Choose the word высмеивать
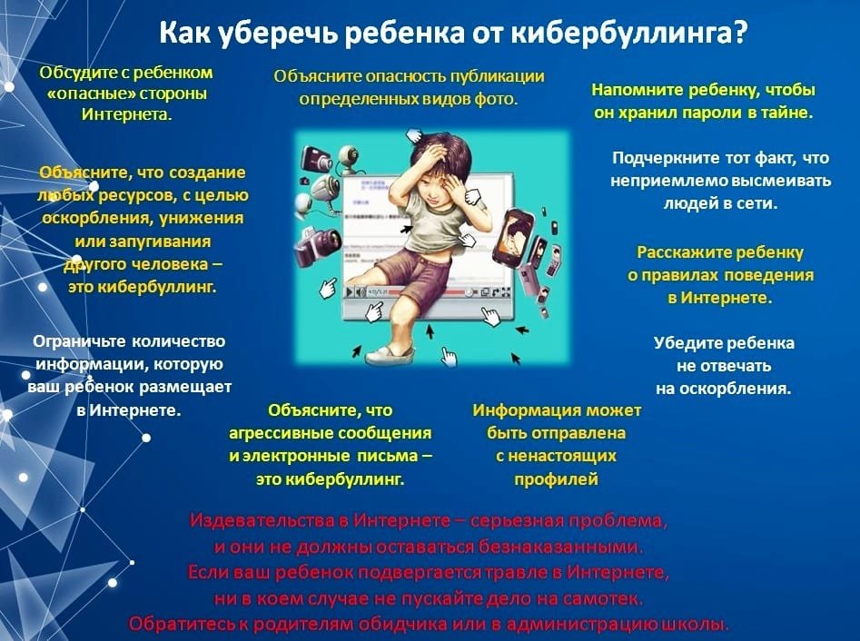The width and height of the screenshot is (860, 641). pos(781,181)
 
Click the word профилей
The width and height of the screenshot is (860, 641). pos(556,479)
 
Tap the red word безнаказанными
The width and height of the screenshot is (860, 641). pos(560,547)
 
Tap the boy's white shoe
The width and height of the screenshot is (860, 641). pos(390,356)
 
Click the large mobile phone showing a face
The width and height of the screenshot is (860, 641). pos(513,236)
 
